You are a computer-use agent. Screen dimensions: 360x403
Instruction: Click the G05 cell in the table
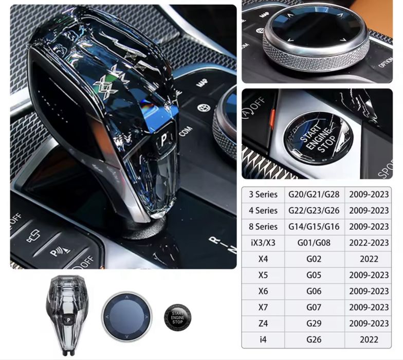pyautogui.click(x=314, y=275)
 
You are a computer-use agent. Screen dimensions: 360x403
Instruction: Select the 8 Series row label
pyautogui.click(x=263, y=227)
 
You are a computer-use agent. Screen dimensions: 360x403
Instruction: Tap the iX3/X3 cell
pyautogui.click(x=263, y=243)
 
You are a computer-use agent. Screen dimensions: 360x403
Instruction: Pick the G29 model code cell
pyautogui.click(x=314, y=323)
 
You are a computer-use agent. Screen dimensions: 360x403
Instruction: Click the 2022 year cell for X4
pyautogui.click(x=369, y=259)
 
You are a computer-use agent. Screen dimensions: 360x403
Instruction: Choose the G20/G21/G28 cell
pyautogui.click(x=314, y=194)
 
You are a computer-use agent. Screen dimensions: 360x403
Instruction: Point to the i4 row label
pyautogui.click(x=263, y=339)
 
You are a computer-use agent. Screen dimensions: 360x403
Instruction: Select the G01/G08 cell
pyautogui.click(x=314, y=243)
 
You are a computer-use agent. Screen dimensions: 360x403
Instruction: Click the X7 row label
pyautogui.click(x=263, y=308)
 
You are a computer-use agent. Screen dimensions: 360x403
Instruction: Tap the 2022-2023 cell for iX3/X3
pyautogui.click(x=369, y=243)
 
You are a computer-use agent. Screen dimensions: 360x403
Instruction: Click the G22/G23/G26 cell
pyautogui.click(x=314, y=210)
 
